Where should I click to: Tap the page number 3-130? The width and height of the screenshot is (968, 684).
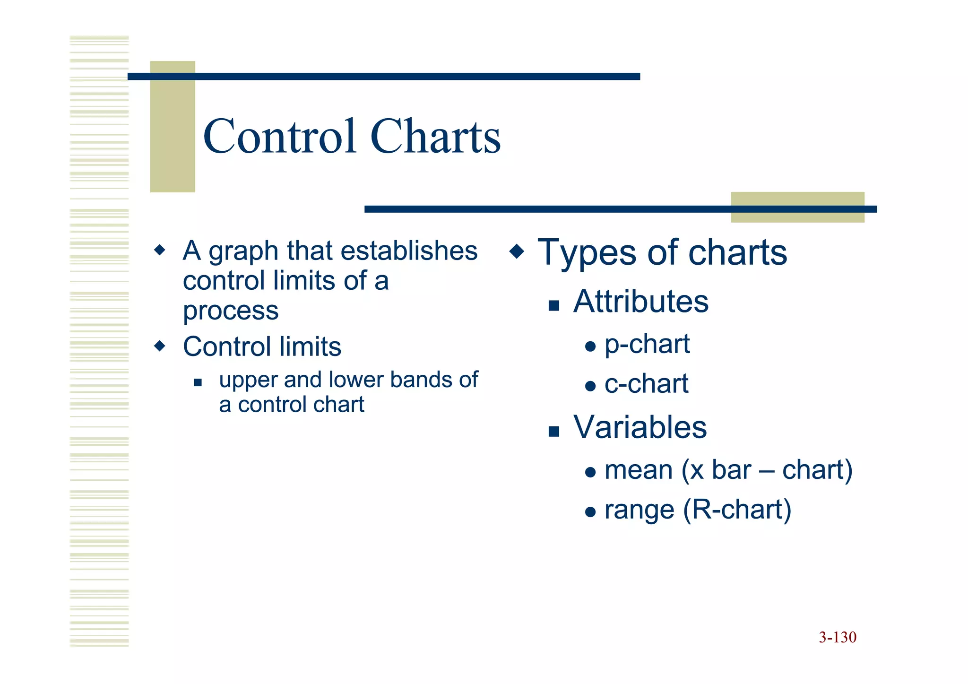point(838,638)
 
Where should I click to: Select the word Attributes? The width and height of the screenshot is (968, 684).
point(640,302)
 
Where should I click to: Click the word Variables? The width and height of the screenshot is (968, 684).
point(640,427)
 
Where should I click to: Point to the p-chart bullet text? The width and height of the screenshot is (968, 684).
point(647,344)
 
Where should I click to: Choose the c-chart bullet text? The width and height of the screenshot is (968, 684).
point(646,384)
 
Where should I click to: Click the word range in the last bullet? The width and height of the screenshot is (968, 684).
point(639,511)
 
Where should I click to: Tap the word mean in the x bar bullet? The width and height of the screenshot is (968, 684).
point(638,470)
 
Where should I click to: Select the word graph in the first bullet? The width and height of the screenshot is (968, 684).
point(243,251)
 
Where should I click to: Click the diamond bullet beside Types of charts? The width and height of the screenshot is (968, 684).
point(517,251)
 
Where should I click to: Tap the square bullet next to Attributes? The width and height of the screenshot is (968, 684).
point(553,305)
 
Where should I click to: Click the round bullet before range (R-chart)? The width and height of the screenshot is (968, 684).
point(590,512)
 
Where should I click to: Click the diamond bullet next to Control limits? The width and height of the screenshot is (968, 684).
point(160,346)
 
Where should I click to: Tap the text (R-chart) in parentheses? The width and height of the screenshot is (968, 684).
point(737,510)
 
